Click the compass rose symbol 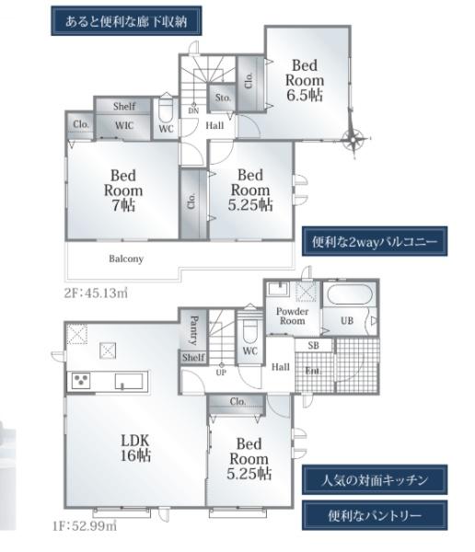(x=353, y=138)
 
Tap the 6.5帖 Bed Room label (x=305, y=80)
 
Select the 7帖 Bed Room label (x=123, y=190)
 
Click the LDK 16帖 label (x=135, y=448)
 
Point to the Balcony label (x=126, y=259)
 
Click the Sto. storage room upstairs (x=223, y=98)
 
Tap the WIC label (x=124, y=125)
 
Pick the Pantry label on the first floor (x=194, y=330)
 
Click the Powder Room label (x=292, y=316)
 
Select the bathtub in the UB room (x=348, y=294)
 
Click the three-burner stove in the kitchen (x=81, y=381)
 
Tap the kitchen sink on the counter (x=129, y=381)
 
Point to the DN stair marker (x=193, y=109)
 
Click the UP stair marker (x=221, y=371)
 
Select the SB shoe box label (x=314, y=345)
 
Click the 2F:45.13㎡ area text (x=96, y=293)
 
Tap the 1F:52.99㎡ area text (x=85, y=526)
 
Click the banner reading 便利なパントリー (x=375, y=515)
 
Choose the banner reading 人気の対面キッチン (x=375, y=480)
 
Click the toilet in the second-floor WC (x=166, y=109)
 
